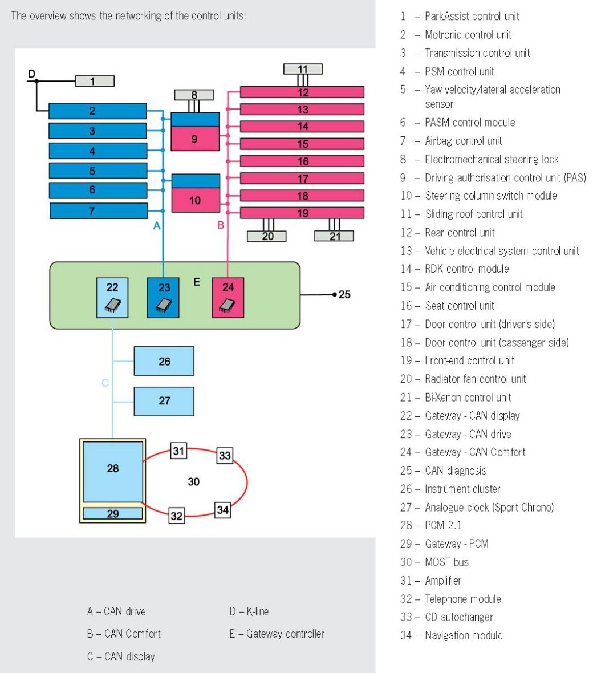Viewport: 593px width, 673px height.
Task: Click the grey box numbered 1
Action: tap(94, 81)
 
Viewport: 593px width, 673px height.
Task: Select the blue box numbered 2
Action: tap(98, 111)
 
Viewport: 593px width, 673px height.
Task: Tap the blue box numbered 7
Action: tap(99, 211)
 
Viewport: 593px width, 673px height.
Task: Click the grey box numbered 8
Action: tap(194, 95)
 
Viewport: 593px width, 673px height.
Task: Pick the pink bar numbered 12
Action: tap(302, 92)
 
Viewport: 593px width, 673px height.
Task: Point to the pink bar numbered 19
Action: tap(302, 213)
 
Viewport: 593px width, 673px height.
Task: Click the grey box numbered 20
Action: tap(266, 236)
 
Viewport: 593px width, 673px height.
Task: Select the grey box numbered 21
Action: tap(334, 236)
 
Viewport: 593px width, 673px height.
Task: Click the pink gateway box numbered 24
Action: tap(228, 297)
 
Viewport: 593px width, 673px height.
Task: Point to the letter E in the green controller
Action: tap(197, 282)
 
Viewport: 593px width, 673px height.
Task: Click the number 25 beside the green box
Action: tap(344, 295)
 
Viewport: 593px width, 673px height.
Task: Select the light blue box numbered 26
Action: tap(164, 361)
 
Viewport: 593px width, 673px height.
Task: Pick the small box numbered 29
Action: tap(112, 513)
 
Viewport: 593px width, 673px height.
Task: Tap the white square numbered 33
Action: tap(225, 456)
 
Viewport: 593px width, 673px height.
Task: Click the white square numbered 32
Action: tap(177, 516)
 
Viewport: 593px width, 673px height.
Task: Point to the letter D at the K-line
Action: tap(31, 74)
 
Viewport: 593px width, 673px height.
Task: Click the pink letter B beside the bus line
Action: tap(221, 225)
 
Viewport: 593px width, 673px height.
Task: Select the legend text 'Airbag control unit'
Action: tap(463, 141)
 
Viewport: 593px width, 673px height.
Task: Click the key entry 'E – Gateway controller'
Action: tap(277, 634)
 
